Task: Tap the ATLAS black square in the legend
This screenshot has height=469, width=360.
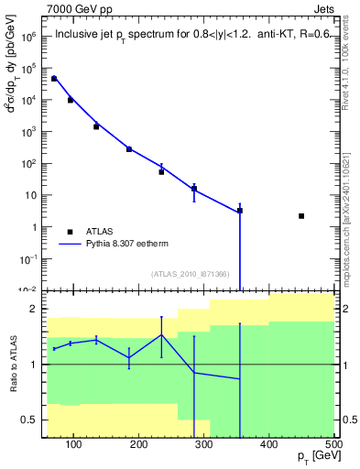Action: [70, 232]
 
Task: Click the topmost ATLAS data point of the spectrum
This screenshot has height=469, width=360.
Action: [54, 79]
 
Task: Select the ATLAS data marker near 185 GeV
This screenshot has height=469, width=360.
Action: [129, 149]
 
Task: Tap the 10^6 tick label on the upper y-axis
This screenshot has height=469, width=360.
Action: [27, 38]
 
